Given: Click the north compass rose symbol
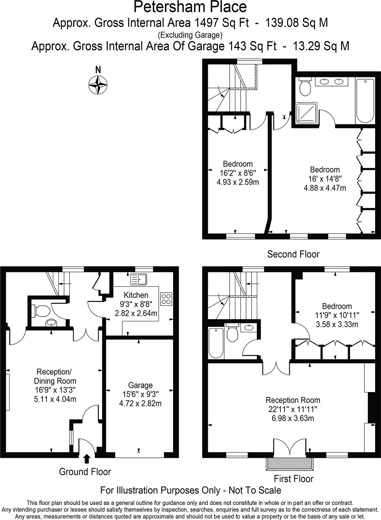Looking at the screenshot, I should coord(98,85).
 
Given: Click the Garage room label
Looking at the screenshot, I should coord(140,385).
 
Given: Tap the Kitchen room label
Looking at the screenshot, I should coord(136,295).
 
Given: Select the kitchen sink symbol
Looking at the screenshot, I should coord(139,279).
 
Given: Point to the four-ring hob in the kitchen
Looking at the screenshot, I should coord(166,298).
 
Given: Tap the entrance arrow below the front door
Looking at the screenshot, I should coord(87,458).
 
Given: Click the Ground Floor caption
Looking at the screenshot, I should coord(85,472).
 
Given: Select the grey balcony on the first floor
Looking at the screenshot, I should coord(289,463).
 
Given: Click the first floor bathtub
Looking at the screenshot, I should coord(216,343).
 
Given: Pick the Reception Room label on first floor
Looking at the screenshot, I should coord(293,400).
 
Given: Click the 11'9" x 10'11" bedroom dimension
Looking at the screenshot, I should coord(337,315).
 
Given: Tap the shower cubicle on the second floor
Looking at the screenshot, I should coord(306,113).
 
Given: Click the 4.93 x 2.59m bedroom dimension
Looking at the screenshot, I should coord(238,182).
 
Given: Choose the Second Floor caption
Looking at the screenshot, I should coord(293,254).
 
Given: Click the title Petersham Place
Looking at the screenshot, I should coord(190,7).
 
